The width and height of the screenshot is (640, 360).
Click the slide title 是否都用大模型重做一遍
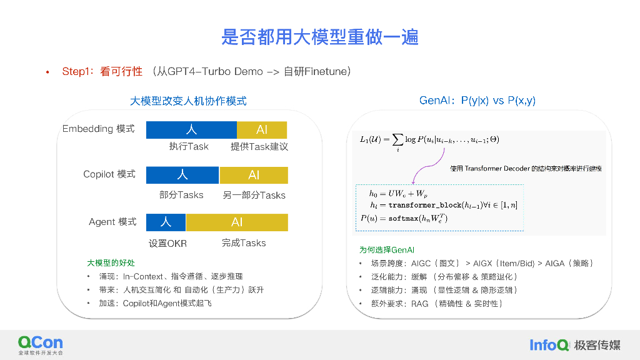(x=319, y=37)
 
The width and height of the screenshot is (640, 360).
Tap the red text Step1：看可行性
(x=102, y=72)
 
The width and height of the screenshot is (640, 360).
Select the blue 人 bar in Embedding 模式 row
(x=191, y=129)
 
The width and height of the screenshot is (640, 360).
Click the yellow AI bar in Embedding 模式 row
(x=262, y=129)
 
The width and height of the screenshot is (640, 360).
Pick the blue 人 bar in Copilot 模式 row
(x=182, y=175)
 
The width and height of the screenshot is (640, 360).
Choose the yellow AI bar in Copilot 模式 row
(x=254, y=175)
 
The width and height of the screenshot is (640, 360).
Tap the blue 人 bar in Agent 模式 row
(x=166, y=222)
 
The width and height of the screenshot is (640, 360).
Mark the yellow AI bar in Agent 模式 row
(x=237, y=222)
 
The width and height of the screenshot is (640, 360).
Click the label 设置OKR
(x=167, y=243)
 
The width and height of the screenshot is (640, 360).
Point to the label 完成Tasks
(x=244, y=242)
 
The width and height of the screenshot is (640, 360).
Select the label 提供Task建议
(x=259, y=146)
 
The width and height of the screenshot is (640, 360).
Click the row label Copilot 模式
(x=109, y=174)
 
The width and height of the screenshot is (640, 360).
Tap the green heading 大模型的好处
(x=111, y=263)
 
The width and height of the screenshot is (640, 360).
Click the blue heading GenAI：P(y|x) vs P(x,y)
(x=477, y=101)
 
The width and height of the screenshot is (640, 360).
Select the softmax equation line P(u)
(x=404, y=218)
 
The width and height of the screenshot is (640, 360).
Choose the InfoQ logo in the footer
(x=549, y=344)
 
